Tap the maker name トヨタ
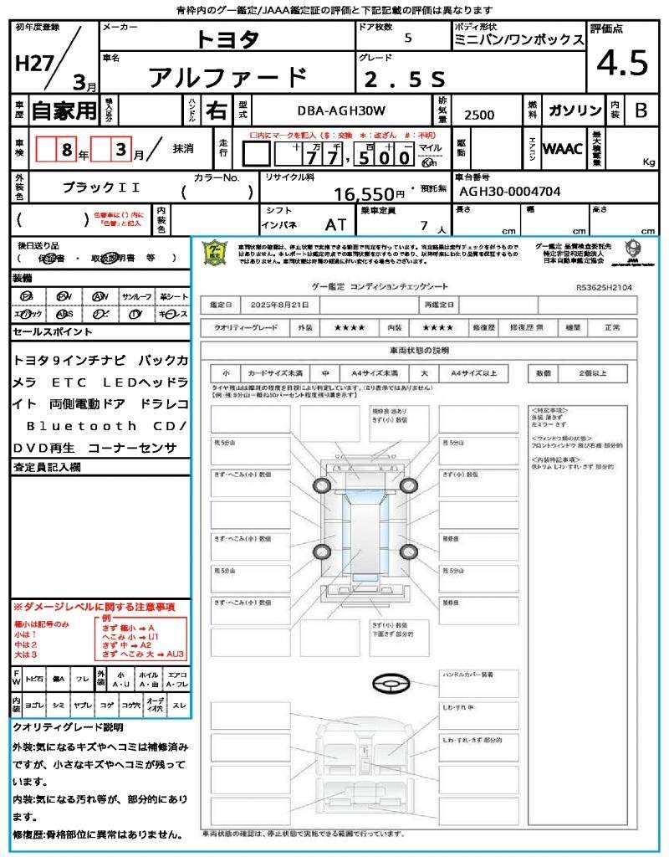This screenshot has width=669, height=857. (x=227, y=39)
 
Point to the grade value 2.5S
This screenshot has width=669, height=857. (x=405, y=79)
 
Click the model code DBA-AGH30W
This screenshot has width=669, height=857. (x=341, y=110)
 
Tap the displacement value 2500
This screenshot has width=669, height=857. (x=479, y=115)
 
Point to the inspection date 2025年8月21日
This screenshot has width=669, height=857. (x=284, y=304)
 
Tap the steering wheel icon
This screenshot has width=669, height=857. (x=391, y=684)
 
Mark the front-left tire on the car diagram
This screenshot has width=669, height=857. (x=323, y=485)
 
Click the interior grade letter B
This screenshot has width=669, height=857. (x=641, y=110)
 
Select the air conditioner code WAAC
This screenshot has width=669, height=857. (x=563, y=149)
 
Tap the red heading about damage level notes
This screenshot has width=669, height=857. (x=94, y=606)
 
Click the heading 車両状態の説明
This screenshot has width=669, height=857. (x=419, y=350)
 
